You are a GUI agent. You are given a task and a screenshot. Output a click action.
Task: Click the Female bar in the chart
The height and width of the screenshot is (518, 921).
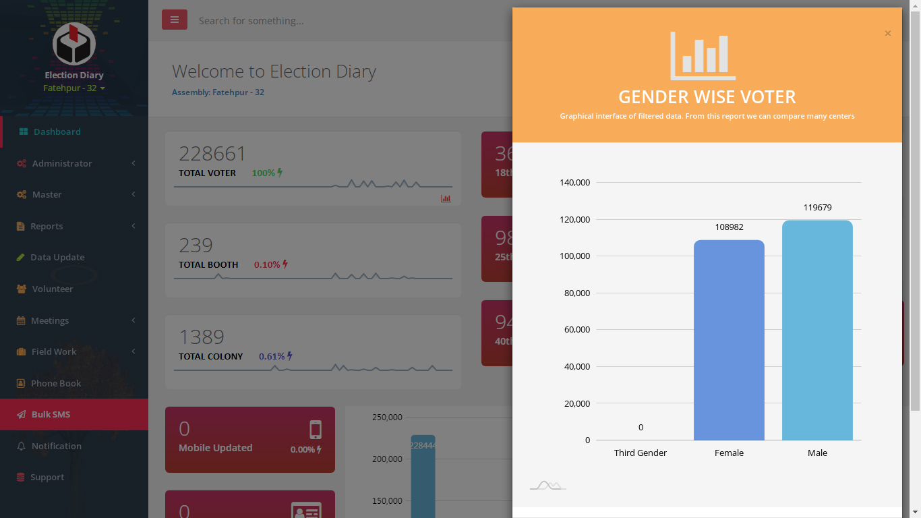[x=729, y=340]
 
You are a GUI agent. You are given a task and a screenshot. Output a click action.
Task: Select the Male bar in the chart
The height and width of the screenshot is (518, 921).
[x=817, y=330]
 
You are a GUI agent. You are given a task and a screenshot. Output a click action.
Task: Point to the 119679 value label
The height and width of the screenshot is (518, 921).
[x=817, y=208]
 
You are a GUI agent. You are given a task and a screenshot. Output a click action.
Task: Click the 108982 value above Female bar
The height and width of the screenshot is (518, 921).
[x=729, y=227]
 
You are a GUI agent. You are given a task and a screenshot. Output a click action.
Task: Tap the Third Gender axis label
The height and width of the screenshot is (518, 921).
[x=640, y=453]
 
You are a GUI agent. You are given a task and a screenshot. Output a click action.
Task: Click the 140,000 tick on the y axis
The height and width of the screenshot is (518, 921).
[x=574, y=183]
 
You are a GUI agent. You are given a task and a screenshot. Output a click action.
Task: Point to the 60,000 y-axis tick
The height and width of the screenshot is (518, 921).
[x=576, y=330]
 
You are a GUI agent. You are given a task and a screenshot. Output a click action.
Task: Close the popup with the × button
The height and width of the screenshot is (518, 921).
[x=888, y=34]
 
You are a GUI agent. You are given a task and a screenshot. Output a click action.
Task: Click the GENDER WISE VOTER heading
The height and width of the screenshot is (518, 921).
[x=707, y=97]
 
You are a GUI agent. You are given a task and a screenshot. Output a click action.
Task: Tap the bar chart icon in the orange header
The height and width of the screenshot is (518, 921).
[x=703, y=56]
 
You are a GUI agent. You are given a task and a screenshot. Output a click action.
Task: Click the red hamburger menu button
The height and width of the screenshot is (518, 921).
[x=174, y=20]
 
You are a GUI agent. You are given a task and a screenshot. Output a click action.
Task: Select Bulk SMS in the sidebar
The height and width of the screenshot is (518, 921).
[x=51, y=414]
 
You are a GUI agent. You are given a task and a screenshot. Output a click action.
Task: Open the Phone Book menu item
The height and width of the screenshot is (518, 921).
[x=55, y=383]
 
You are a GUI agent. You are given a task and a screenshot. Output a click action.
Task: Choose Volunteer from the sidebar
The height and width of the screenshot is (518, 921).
[x=52, y=289]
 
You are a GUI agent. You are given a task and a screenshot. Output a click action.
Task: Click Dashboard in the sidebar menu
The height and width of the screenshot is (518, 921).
[x=57, y=132]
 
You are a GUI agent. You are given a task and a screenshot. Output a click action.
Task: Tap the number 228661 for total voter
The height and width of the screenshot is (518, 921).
[x=212, y=154]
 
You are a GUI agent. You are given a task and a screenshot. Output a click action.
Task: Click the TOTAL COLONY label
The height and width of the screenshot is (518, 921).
[x=210, y=356]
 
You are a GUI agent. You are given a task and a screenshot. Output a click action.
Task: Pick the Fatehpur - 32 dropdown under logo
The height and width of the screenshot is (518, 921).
[x=73, y=88]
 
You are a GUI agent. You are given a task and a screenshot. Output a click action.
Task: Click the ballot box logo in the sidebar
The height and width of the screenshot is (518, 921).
[x=74, y=44]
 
